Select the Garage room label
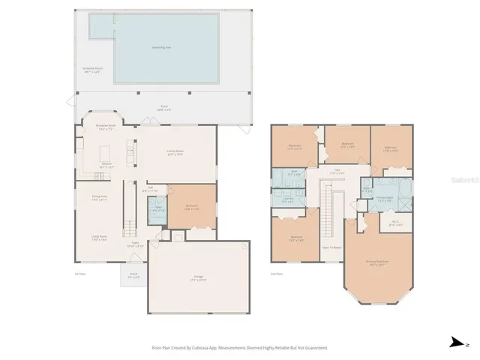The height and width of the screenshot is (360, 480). tap(199, 278)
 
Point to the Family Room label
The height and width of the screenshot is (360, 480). tap(175, 152)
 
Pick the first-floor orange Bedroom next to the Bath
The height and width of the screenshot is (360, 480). tap(191, 208)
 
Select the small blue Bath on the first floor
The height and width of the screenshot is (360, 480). tap(158, 211)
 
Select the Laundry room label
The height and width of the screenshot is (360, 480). tap(287, 200)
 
